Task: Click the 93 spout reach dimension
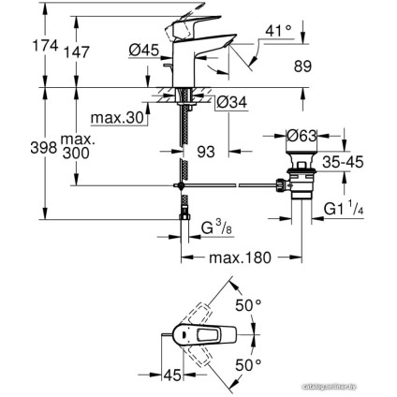(207, 150)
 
